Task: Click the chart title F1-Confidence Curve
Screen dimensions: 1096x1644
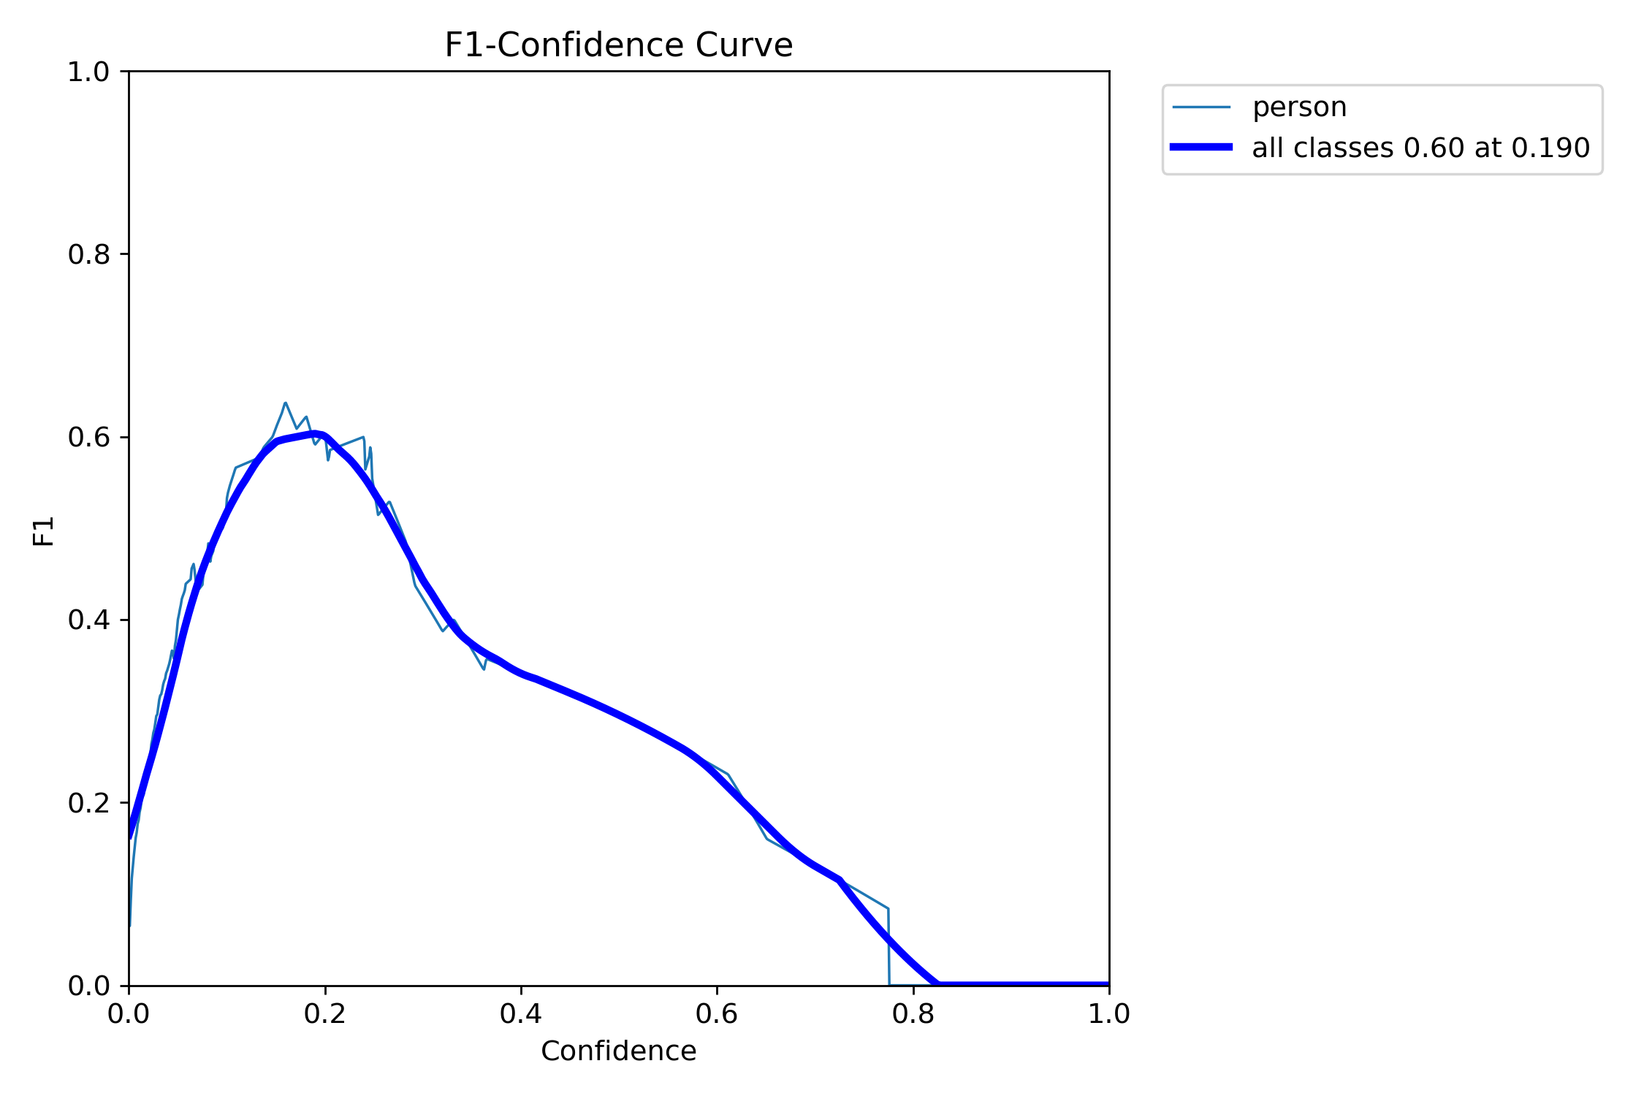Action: coord(618,45)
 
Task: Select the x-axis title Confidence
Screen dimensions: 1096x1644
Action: coord(618,1051)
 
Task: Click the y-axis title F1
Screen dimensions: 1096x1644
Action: coord(44,531)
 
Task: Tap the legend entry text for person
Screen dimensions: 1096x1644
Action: coord(1299,107)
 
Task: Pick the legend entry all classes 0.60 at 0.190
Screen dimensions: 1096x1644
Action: coord(1420,148)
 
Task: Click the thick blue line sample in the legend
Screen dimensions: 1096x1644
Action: coord(1201,148)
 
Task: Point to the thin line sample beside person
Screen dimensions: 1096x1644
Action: coord(1201,107)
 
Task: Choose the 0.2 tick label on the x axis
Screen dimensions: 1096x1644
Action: coord(325,1014)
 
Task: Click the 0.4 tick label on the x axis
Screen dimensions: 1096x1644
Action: coord(521,1014)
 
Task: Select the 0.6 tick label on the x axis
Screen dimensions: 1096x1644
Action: coord(717,1014)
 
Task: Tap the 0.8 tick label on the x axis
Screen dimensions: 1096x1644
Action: coord(913,1014)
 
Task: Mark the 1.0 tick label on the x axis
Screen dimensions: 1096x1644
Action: coord(1109,1014)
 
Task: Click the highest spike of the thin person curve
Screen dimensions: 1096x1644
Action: coord(285,403)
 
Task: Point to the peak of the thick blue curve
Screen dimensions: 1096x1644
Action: coord(315,434)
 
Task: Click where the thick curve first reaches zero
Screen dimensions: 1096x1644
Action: coord(938,984)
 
